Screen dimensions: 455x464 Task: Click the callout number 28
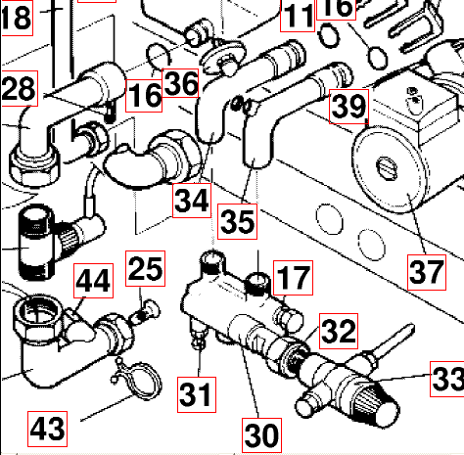(x=19, y=90)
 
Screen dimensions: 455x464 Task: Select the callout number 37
(x=427, y=271)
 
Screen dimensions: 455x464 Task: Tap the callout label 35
(x=237, y=220)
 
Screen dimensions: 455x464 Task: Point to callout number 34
(x=192, y=202)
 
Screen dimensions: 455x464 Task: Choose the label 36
(x=181, y=84)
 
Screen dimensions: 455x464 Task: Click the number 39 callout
(x=348, y=107)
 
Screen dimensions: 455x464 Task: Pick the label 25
(x=143, y=265)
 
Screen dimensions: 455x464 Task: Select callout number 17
(x=290, y=277)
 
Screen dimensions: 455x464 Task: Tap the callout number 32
(x=338, y=331)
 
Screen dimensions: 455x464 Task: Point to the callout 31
(x=196, y=395)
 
